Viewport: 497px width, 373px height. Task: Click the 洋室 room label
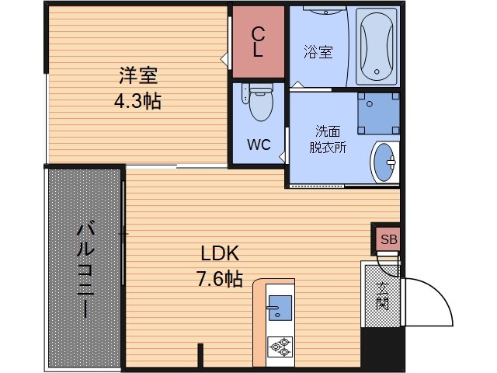click(x=139, y=76)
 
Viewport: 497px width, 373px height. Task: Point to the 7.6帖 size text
click(x=221, y=279)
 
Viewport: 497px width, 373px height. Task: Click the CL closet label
click(x=259, y=43)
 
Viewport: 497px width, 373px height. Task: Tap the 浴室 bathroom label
click(x=318, y=52)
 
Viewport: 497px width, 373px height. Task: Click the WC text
click(x=259, y=145)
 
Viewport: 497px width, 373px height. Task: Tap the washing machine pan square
click(x=378, y=114)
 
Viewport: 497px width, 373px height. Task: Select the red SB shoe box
click(x=388, y=240)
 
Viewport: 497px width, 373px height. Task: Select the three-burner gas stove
click(x=278, y=346)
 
